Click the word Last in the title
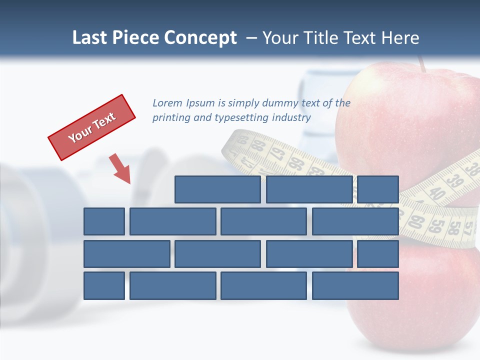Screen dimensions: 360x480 [x=90, y=38]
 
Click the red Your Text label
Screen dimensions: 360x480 [x=92, y=127]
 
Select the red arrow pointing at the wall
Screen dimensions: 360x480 [x=120, y=169]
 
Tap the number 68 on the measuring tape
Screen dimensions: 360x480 [x=258, y=146]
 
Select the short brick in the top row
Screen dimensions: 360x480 [x=378, y=189]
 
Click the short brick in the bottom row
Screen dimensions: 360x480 [x=104, y=285]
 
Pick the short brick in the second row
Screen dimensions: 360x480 [x=104, y=221]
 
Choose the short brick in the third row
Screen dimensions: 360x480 [x=378, y=253]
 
